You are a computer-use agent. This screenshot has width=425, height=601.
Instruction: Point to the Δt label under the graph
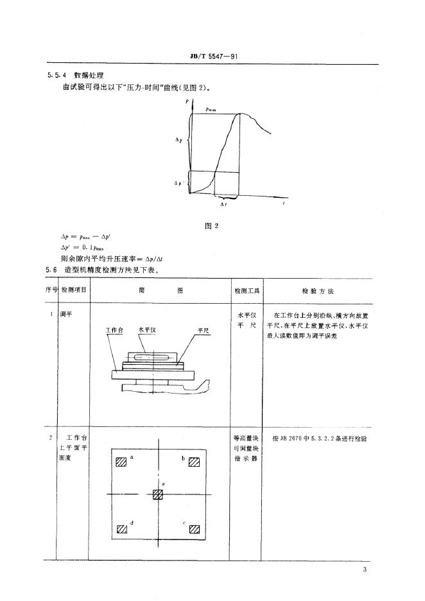click(222, 204)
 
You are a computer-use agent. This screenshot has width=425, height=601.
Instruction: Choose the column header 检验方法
click(317, 291)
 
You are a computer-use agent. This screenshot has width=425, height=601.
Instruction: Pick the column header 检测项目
click(74, 290)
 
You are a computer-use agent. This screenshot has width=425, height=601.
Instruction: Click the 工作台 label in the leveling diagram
click(114, 329)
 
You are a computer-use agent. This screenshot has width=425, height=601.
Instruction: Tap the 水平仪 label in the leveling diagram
click(148, 329)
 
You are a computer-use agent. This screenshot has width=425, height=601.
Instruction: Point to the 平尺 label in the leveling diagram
click(204, 329)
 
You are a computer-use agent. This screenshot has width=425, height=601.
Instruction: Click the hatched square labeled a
click(121, 462)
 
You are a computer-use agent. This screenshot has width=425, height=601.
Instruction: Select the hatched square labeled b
click(194, 462)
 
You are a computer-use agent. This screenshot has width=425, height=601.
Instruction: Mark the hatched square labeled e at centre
click(158, 494)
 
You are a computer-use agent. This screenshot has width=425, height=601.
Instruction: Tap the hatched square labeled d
click(121, 530)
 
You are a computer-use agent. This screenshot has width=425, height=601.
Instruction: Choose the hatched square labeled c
click(194, 530)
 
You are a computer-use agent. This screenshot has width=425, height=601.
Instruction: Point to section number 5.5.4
click(56, 75)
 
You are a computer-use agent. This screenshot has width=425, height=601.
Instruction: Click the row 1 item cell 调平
click(65, 316)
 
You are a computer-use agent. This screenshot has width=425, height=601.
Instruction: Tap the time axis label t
click(284, 204)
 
